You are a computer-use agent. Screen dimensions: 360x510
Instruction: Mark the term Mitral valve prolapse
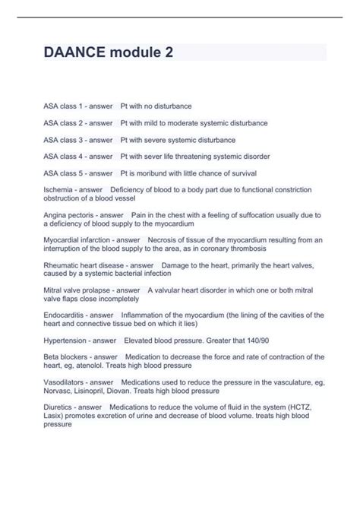78,290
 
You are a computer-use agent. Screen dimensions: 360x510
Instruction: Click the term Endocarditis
64,315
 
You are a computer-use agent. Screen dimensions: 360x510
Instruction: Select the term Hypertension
65,340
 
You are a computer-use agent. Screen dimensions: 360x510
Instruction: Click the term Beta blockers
64,356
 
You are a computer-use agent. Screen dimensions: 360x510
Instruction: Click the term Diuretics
58,407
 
